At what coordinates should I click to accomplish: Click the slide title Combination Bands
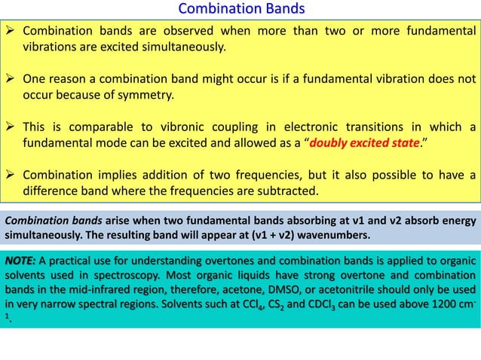click(240, 9)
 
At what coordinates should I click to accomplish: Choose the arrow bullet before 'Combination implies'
click(11, 175)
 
